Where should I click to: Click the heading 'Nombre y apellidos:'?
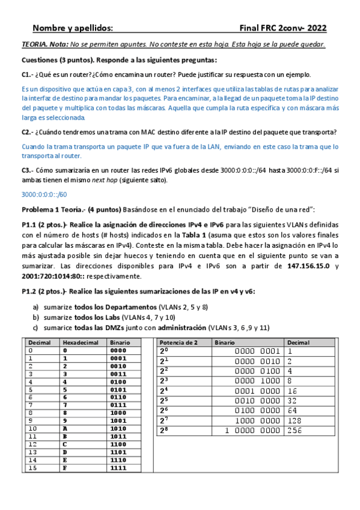point(72,28)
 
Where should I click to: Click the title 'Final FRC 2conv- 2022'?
point(282,28)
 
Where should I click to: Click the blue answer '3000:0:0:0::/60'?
point(44,194)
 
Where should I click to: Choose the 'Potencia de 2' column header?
point(179,342)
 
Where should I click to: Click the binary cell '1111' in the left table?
point(118,468)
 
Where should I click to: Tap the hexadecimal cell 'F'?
point(66,468)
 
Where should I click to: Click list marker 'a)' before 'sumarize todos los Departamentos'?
point(35,307)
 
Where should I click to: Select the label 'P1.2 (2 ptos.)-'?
point(44,291)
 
